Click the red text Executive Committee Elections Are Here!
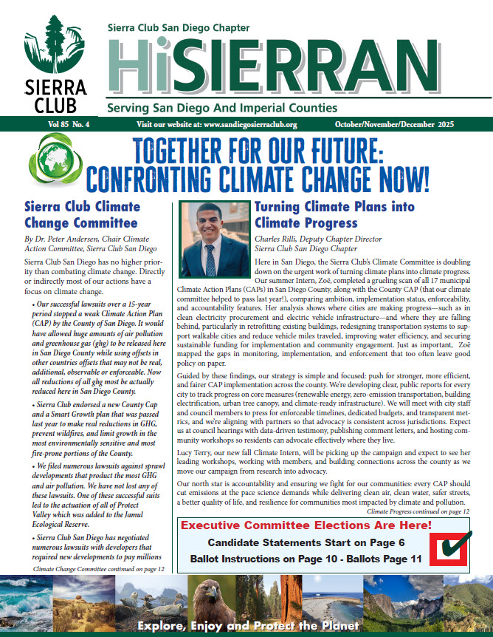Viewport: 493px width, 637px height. [306, 525]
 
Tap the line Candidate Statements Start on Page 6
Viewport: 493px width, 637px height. [306, 543]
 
